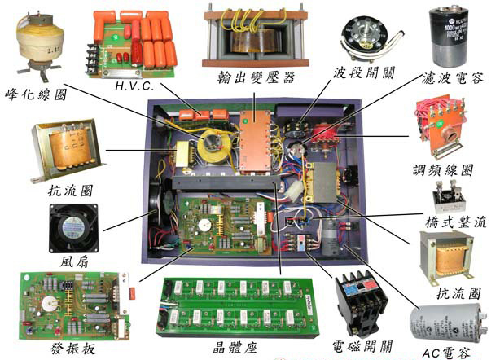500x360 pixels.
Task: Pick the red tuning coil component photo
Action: pyautogui.click(x=441, y=127)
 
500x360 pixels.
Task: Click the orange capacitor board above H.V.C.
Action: pyautogui.click(x=134, y=41)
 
